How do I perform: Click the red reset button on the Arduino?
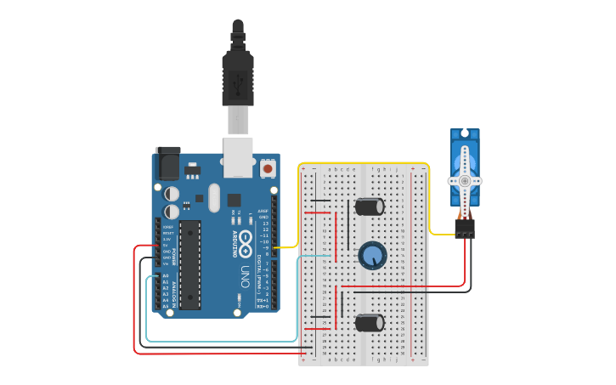coord(268,168)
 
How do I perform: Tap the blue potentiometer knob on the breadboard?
coord(371,255)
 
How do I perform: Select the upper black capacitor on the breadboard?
coord(370,207)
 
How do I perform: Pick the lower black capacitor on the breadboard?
coord(370,322)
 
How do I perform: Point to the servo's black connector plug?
coord(464,229)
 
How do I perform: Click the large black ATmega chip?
coord(190,264)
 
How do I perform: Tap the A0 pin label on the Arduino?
coord(165,276)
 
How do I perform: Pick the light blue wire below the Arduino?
coord(221,341)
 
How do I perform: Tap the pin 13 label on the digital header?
coord(265,224)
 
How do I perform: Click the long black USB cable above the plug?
coord(238,34)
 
